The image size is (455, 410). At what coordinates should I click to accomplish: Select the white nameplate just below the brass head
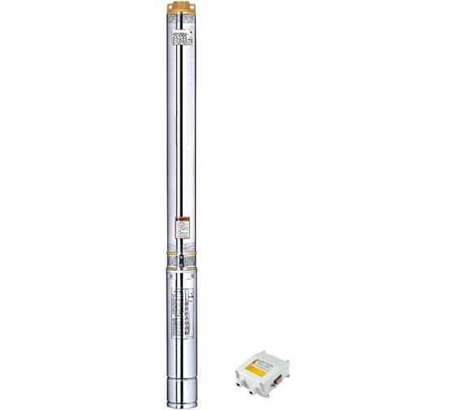click(x=183, y=37)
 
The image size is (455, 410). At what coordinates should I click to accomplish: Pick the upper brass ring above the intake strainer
click(x=183, y=251)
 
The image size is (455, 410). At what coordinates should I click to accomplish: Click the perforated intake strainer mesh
click(x=175, y=261)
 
